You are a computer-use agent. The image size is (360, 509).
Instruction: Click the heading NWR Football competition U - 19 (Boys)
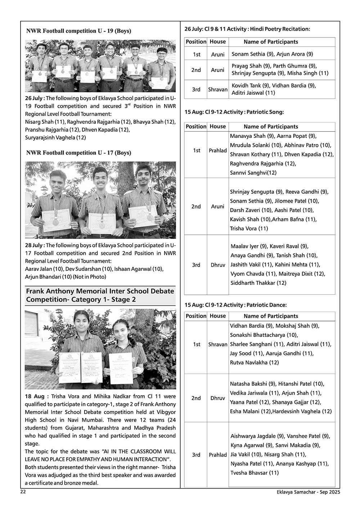78,31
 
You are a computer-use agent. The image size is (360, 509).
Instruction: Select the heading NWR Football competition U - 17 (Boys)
78,153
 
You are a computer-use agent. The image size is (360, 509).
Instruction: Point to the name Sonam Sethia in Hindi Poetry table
248,54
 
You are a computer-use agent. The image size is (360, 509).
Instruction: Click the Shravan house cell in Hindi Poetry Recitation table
218,89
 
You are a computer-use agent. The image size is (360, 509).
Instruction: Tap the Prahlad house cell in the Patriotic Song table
218,150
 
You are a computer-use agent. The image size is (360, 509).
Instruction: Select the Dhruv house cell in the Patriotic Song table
218,265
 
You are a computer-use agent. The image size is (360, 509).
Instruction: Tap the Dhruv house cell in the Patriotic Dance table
218,398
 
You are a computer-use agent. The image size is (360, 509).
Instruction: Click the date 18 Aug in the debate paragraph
34,396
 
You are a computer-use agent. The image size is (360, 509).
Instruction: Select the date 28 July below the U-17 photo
34,245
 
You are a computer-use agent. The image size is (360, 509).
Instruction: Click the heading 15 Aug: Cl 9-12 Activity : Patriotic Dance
236,305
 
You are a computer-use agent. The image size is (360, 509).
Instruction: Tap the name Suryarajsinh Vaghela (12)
55,138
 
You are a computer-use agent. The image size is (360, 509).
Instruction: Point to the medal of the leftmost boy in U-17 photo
56,222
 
